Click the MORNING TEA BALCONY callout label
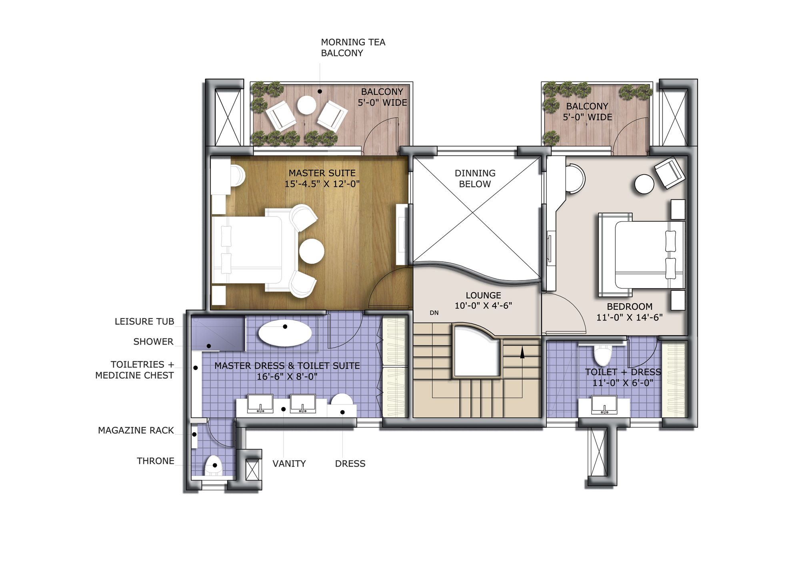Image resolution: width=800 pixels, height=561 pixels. (x=353, y=48)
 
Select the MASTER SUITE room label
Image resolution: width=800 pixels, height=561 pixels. (x=322, y=178)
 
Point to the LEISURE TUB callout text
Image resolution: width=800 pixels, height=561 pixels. (x=144, y=322)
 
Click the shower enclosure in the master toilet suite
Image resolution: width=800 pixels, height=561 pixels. (x=217, y=333)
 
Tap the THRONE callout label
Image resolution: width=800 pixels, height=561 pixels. (x=156, y=461)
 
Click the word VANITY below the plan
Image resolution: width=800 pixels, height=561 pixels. (x=289, y=464)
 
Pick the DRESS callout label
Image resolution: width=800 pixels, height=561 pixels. (x=350, y=464)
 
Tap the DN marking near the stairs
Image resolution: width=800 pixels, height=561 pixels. (x=434, y=313)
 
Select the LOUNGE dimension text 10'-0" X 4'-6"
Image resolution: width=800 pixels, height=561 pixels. (x=483, y=306)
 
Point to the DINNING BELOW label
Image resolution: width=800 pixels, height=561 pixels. (x=475, y=178)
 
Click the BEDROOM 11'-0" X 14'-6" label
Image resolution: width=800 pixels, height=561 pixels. (x=629, y=312)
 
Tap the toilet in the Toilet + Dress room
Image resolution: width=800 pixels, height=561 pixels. (x=602, y=355)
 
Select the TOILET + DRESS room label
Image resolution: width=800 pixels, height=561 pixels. (x=622, y=377)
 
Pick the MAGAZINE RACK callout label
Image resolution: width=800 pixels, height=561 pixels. (x=136, y=431)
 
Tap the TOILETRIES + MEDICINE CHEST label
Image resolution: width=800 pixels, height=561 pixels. (x=135, y=370)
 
